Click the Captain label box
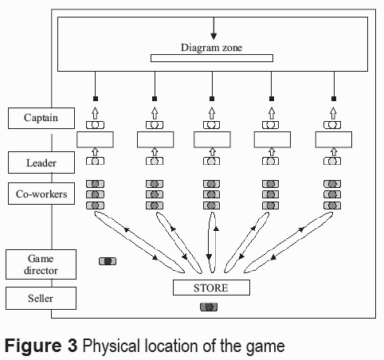(x=41, y=118)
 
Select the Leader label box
(x=41, y=162)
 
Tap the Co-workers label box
(x=41, y=194)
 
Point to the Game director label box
(x=41, y=264)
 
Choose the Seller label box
(x=41, y=298)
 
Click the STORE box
(x=211, y=288)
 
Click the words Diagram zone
(x=211, y=48)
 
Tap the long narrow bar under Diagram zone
(x=212, y=58)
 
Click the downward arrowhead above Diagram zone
(x=214, y=37)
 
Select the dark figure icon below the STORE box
(x=209, y=307)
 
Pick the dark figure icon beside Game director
(x=108, y=261)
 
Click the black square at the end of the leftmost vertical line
(x=96, y=99)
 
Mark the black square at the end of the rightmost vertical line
(x=334, y=99)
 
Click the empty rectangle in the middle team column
(x=212, y=139)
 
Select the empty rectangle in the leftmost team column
(x=95, y=139)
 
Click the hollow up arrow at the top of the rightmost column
(x=334, y=113)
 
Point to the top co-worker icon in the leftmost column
(x=95, y=184)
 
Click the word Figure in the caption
(x=33, y=346)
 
